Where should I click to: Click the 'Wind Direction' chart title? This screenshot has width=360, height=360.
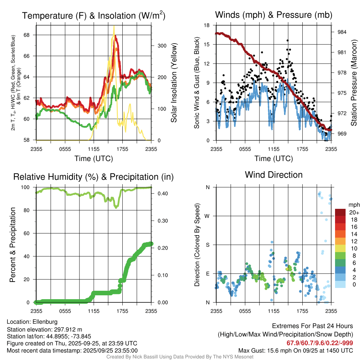[274, 175]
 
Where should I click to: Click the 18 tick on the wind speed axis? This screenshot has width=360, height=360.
[207, 25]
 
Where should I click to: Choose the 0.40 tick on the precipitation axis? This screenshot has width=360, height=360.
[161, 193]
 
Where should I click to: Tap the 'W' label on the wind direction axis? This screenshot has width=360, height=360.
[207, 216]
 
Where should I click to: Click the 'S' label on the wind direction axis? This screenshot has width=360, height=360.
[208, 245]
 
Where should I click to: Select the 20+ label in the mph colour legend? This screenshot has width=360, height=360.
[354, 212]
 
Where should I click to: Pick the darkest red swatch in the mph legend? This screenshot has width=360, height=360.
[340, 212]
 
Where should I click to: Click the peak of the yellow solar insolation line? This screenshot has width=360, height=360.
[114, 26]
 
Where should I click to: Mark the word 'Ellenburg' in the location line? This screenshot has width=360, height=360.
[45, 322]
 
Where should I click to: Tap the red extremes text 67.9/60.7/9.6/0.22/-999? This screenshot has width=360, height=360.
[320, 343]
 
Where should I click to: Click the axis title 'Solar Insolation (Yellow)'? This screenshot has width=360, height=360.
[174, 83]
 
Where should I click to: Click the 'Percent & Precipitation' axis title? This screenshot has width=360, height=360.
[13, 245]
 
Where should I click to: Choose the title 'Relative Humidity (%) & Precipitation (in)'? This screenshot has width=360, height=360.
[94, 177]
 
